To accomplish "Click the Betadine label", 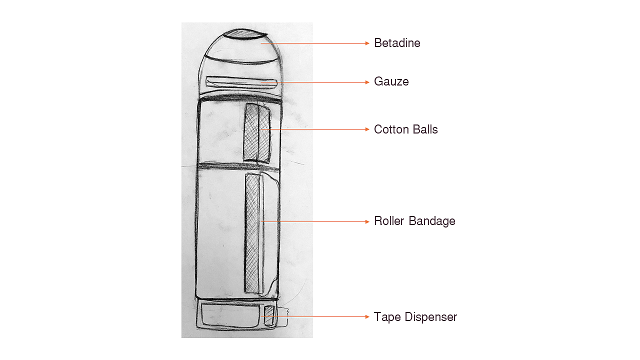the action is (x=397, y=43).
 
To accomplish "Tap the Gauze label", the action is (x=391, y=81).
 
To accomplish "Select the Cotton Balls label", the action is (x=405, y=129).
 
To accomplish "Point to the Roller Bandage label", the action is (x=414, y=221).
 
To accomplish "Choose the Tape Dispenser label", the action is (x=415, y=317).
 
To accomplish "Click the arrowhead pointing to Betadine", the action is (x=367, y=43).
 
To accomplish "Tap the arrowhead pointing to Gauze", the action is (x=367, y=82).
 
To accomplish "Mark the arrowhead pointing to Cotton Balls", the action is (x=367, y=129).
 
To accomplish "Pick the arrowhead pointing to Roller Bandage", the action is (x=367, y=221).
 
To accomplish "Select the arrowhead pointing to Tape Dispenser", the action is (x=367, y=317).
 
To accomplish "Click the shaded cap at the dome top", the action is (x=243, y=34).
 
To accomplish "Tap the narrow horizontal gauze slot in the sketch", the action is (x=242, y=81).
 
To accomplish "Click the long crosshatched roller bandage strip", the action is (x=253, y=233).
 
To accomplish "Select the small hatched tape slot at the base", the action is (x=269, y=315).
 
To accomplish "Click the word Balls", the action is (x=424, y=129).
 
